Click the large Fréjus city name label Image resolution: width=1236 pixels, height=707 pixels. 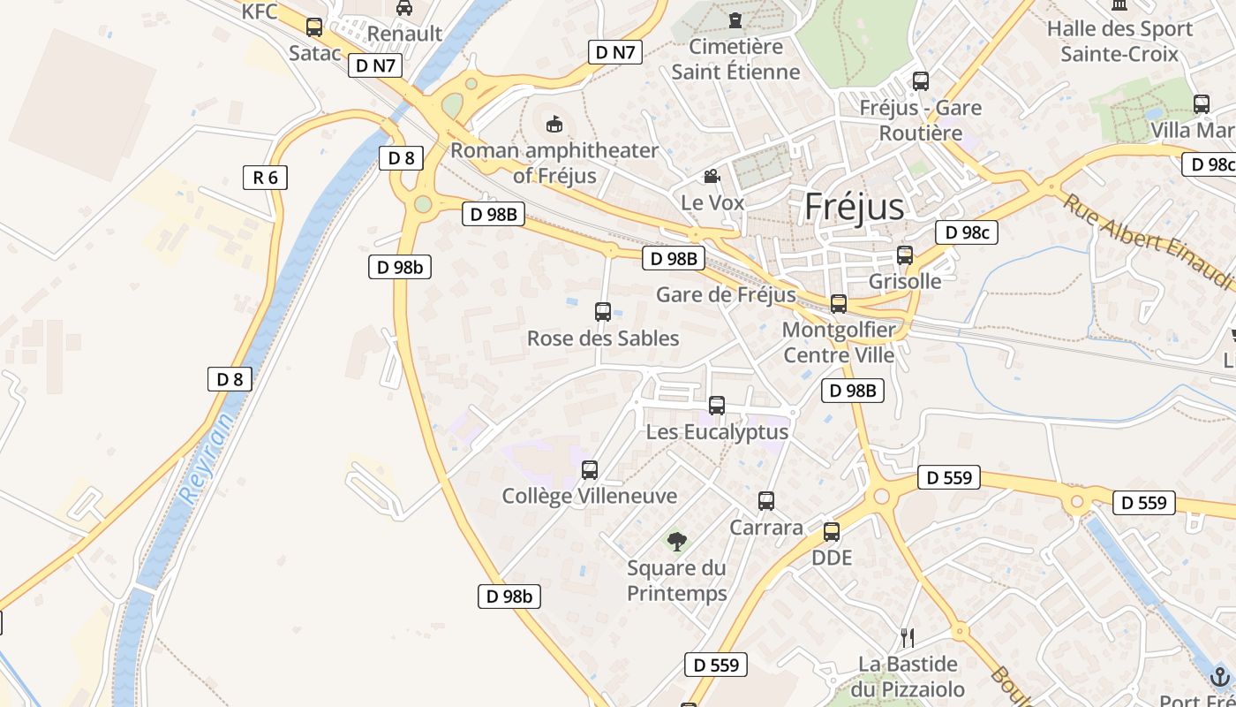tap(854, 207)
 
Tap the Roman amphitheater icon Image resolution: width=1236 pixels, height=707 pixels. tap(554, 124)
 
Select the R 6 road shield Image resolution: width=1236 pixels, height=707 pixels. tap(265, 178)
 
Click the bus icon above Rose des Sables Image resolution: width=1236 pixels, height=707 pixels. tap(603, 311)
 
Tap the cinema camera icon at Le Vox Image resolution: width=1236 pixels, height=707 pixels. tap(712, 177)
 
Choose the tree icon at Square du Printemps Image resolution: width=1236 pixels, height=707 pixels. tap(677, 541)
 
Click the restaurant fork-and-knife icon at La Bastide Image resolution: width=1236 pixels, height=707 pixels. tap(907, 636)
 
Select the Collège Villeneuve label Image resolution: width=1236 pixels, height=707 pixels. tap(589, 496)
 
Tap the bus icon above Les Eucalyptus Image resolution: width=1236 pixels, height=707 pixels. tap(717, 406)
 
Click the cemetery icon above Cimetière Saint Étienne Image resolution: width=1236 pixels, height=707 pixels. tap(735, 19)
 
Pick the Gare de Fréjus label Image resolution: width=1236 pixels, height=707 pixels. tap(726, 294)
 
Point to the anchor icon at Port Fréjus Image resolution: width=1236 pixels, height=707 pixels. tap(1220, 677)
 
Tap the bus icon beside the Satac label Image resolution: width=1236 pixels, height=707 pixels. tap(314, 27)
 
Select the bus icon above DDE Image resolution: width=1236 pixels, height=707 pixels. tap(832, 532)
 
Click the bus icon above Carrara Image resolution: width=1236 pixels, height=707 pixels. tap(766, 501)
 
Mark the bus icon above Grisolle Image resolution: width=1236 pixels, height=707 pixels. tap(905, 255)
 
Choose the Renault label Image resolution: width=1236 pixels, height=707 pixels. tap(404, 34)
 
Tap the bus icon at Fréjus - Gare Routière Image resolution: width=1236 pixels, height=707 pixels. tap(921, 81)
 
